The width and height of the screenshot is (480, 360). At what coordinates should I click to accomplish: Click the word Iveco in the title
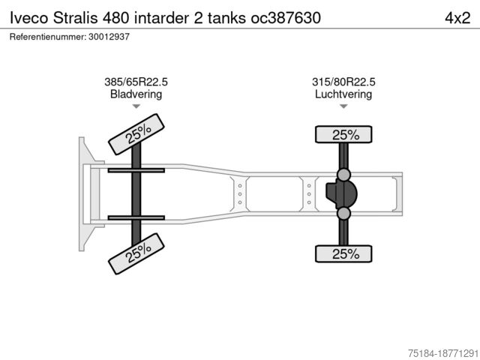click(29, 18)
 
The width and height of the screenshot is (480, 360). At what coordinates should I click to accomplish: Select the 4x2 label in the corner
click(457, 18)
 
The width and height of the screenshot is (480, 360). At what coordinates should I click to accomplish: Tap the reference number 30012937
click(109, 37)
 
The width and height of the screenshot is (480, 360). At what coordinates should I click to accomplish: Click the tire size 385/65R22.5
click(136, 82)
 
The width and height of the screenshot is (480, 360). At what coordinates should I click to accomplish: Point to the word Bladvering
click(136, 94)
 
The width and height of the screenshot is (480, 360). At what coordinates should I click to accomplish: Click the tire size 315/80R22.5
click(343, 82)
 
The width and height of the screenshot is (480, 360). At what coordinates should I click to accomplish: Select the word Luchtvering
click(343, 94)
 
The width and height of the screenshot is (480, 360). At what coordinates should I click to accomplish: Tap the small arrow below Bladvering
click(136, 106)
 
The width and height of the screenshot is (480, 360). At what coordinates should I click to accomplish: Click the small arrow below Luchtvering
click(343, 106)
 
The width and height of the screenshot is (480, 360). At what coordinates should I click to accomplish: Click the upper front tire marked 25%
click(136, 134)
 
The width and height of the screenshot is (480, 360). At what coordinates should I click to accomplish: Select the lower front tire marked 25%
click(136, 253)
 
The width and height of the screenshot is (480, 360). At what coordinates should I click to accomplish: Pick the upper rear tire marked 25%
click(343, 134)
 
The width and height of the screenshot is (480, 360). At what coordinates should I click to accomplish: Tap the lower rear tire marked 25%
click(343, 253)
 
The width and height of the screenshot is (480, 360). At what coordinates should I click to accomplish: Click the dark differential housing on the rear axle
click(342, 194)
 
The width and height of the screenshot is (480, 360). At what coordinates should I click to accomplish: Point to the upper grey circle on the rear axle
click(343, 175)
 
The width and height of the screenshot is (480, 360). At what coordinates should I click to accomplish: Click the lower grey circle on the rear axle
click(343, 213)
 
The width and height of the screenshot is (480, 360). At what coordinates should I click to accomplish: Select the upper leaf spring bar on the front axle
click(136, 170)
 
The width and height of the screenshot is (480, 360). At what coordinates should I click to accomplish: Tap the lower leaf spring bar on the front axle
click(136, 218)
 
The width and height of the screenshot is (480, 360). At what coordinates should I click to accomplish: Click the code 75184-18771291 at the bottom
click(443, 353)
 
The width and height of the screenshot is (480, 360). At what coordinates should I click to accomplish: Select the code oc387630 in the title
click(286, 18)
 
